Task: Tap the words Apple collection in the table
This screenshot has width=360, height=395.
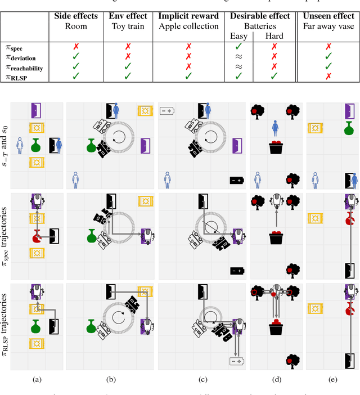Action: [x=188, y=26]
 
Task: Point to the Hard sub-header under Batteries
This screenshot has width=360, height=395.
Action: [x=274, y=36]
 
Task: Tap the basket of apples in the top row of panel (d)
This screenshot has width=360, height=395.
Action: [x=276, y=147]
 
